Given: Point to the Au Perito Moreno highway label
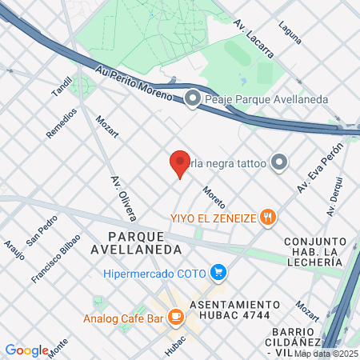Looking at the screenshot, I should pos(134,82).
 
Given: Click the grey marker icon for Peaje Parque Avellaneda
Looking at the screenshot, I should pos(192,99).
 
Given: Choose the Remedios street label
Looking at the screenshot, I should pos(62,122).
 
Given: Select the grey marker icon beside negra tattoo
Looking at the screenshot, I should pos(278,162).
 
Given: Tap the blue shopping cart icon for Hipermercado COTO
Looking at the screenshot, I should pos(218,273).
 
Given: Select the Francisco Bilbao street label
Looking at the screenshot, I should pos(56,258).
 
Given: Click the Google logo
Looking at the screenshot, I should pos(26,350).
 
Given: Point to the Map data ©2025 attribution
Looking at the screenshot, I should pos(326,353).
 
